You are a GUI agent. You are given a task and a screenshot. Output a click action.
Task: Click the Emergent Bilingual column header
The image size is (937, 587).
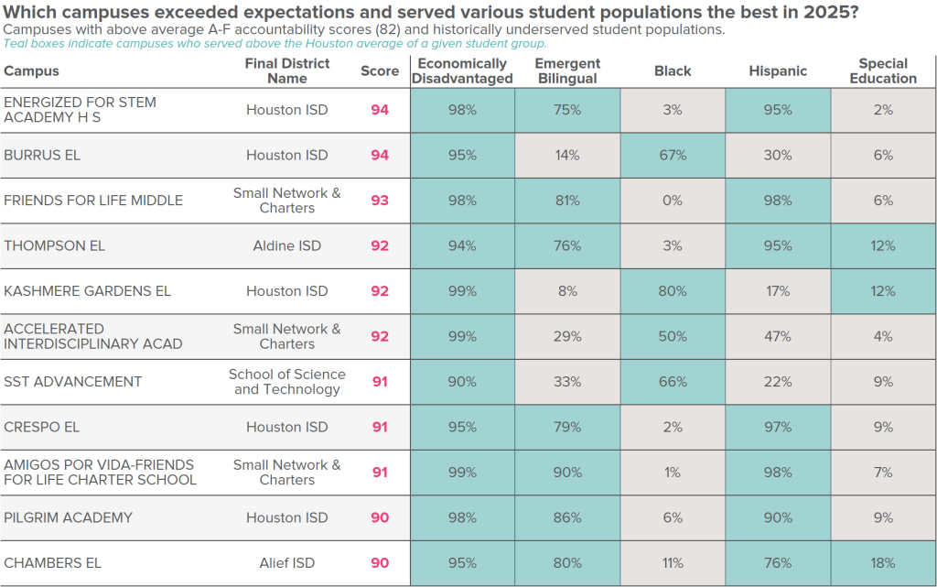click(567, 71)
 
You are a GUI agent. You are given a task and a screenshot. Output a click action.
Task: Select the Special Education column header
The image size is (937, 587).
click(883, 71)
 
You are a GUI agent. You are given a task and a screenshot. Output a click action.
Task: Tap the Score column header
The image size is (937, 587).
click(380, 71)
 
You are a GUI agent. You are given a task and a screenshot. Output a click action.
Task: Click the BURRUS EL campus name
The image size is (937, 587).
click(42, 156)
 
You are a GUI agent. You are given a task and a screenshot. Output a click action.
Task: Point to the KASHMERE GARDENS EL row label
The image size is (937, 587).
click(88, 291)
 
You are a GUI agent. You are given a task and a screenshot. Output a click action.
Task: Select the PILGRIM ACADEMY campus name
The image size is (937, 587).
click(69, 517)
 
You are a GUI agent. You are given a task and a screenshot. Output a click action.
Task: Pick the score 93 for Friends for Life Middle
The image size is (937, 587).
click(380, 201)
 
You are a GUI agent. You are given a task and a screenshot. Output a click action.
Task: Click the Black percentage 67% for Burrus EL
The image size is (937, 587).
click(673, 156)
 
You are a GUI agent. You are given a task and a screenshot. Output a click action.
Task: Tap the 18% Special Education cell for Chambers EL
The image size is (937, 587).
click(883, 563)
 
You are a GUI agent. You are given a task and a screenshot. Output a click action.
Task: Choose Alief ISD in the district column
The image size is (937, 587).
click(287, 563)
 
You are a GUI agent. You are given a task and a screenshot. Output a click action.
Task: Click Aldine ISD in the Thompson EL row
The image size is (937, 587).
click(287, 245)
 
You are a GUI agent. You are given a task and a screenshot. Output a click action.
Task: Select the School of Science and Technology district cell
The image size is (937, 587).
click(287, 382)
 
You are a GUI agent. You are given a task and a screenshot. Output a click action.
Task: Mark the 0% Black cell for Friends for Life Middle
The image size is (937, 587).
click(673, 201)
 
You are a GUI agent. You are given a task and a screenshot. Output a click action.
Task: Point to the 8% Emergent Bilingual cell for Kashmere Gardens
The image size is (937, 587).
click(567, 291)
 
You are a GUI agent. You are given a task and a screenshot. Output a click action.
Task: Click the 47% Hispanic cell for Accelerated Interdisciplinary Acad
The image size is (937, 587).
click(778, 336)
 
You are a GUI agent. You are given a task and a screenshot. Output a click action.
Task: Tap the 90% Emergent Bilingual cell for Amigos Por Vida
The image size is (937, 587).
click(567, 473)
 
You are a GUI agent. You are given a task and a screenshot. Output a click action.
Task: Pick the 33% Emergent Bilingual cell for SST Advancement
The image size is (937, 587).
click(567, 382)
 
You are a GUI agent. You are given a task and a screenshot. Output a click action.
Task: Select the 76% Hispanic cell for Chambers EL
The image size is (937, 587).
click(778, 563)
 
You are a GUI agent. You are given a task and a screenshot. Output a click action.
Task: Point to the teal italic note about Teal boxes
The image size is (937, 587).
click(275, 43)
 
